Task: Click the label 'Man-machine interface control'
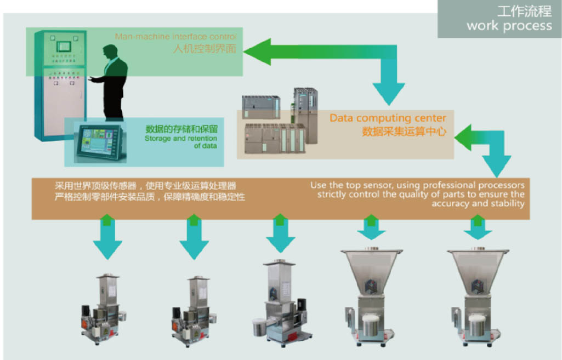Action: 175,37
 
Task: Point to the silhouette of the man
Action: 113,82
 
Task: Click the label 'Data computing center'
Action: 388,118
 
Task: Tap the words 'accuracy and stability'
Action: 478,204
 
